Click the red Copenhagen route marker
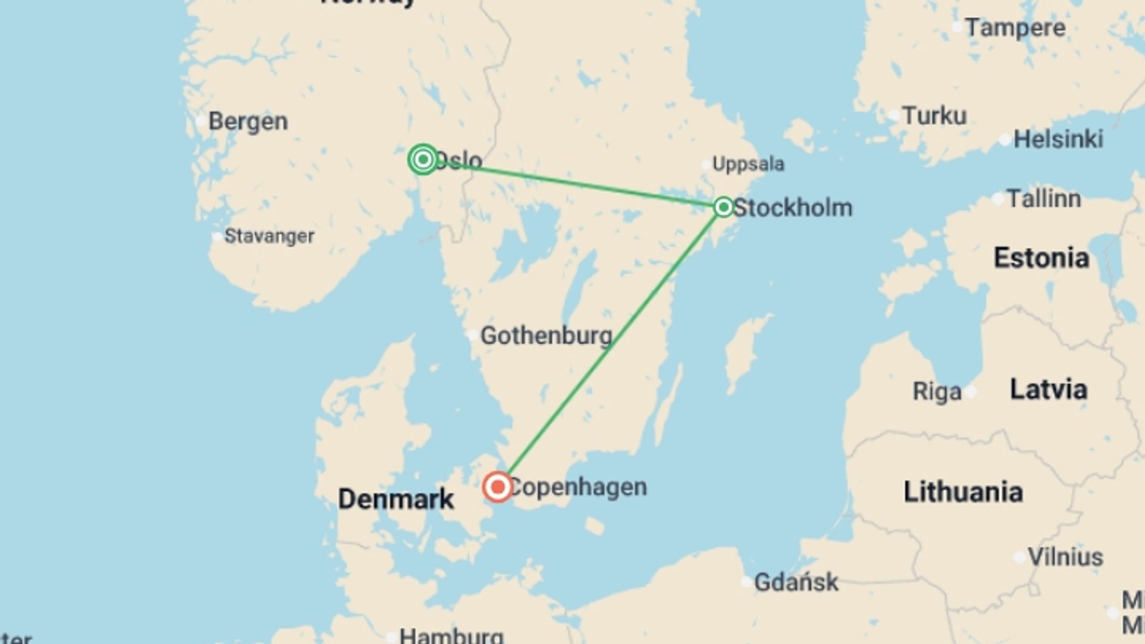click(x=497, y=487)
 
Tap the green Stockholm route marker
click(x=723, y=207)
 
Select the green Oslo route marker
click(x=423, y=159)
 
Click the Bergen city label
click(x=248, y=122)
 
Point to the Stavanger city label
click(x=269, y=236)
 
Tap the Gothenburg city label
click(x=546, y=336)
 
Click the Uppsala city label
click(x=748, y=164)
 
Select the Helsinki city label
click(x=1058, y=140)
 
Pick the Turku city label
click(x=934, y=116)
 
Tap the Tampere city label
click(x=1015, y=28)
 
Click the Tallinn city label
click(x=1044, y=199)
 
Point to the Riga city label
click(x=937, y=392)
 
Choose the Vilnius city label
click(x=1065, y=557)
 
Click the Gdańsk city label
click(x=796, y=582)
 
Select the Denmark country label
click(x=396, y=499)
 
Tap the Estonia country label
click(x=1041, y=258)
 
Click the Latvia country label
click(x=1048, y=389)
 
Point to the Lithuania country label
click(x=963, y=492)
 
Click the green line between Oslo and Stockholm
click(x=572, y=182)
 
